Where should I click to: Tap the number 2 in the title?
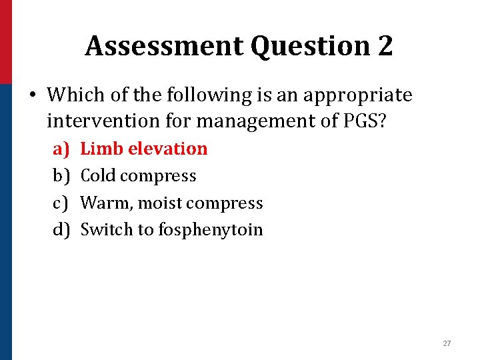click(x=385, y=46)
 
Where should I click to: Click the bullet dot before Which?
click(x=32, y=95)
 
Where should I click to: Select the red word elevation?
click(x=167, y=149)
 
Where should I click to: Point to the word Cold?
click(x=98, y=176)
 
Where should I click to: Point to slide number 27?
click(x=447, y=343)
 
